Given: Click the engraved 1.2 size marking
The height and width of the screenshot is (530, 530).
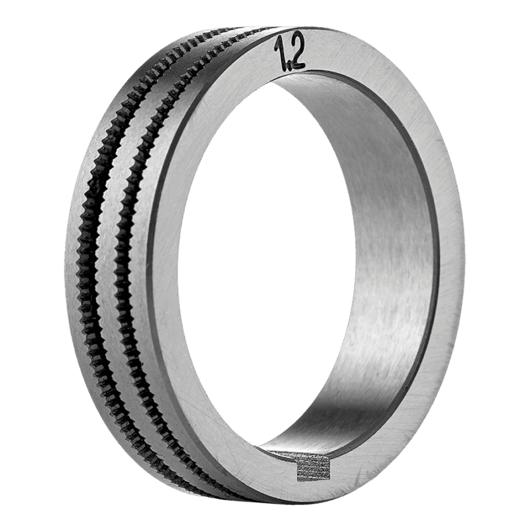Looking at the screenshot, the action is pos(290,53).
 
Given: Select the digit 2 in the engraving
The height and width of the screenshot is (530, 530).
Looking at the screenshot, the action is pos(296,51).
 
